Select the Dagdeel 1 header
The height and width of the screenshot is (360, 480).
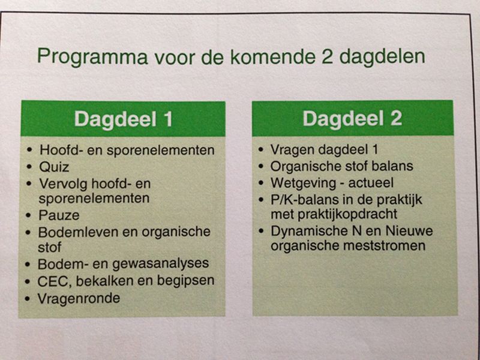123,119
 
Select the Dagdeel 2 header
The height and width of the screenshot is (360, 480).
352,119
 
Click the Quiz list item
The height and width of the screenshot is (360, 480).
54,166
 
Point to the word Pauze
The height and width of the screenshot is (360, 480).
59,214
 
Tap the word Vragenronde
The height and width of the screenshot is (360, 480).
79,298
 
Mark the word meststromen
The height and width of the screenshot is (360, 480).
392,246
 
